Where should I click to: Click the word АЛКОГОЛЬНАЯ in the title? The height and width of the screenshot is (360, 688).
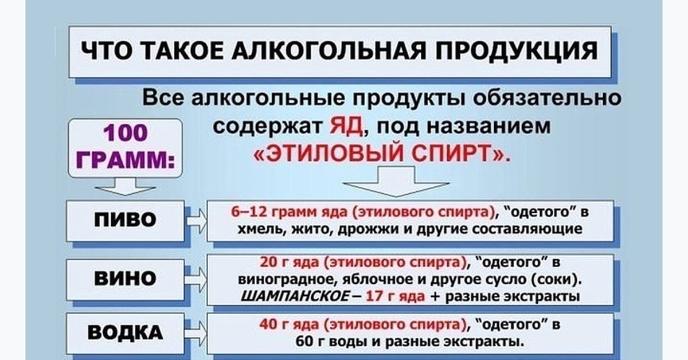(x=329, y=50)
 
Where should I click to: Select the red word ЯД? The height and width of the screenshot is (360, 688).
(x=346, y=126)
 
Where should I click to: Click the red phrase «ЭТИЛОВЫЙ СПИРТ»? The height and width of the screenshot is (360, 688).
(x=382, y=153)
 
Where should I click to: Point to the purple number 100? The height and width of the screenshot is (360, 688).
(x=126, y=132)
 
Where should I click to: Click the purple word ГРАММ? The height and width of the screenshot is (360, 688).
(x=126, y=160)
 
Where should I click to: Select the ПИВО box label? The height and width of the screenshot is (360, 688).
(x=126, y=220)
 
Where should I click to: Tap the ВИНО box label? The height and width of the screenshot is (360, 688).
(x=126, y=278)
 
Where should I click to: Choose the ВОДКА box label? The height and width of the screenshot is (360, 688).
(x=126, y=332)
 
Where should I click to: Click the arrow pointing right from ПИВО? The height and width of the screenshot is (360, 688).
(x=197, y=221)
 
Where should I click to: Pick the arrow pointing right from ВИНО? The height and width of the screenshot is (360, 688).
(x=197, y=280)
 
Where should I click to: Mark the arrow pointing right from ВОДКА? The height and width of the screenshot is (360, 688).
(x=197, y=334)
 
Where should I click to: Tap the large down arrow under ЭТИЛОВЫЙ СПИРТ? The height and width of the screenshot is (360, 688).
(x=396, y=182)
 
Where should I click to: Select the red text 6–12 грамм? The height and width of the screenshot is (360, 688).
(x=273, y=213)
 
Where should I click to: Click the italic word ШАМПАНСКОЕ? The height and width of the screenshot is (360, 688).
(x=295, y=296)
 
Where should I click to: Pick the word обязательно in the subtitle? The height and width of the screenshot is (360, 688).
(x=548, y=98)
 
